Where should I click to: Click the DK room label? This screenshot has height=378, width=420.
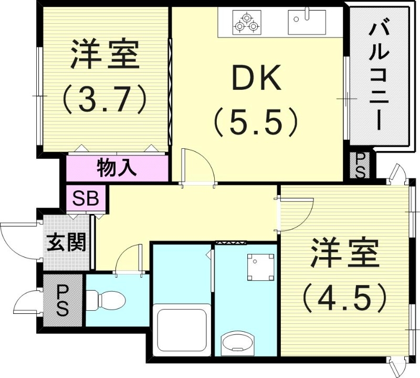coord(257,77)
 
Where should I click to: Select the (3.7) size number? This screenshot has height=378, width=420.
coord(104,100)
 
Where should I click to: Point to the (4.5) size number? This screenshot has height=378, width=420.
coord(345,298)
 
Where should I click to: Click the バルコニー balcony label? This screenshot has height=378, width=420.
coord(378,76)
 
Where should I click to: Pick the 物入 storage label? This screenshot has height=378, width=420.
coord(117,168)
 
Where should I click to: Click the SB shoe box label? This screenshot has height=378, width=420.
coord(86,199)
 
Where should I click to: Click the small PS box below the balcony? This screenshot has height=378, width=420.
coord(360,165)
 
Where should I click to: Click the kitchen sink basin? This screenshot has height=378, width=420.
coord(307,22)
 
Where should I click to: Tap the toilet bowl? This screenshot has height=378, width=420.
coord(107,300)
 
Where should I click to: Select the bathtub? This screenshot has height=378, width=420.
coord(182,330)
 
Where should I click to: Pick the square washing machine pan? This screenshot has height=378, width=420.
coord(260,267)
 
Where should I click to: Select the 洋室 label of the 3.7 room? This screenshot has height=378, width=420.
coord(105,55)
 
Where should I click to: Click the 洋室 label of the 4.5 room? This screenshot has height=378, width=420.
coord(345,253)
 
